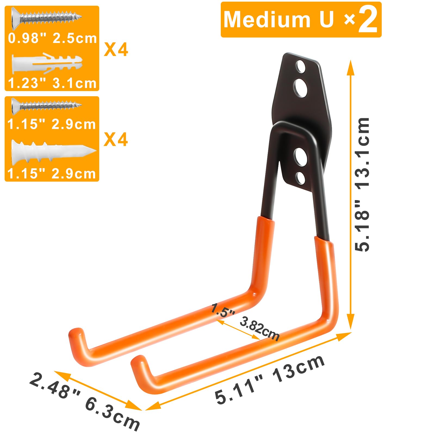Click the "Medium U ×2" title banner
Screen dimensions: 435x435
click(301, 20)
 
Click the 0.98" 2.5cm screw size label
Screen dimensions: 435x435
click(52, 38)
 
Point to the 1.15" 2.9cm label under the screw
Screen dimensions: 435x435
click(52, 124)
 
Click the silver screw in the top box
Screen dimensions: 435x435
click(46, 18)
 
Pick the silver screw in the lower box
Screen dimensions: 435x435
click(46, 105)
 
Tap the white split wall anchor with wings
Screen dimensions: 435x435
click(46, 63)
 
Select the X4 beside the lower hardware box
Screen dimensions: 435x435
click(116, 139)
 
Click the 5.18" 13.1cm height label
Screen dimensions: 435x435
click(363, 185)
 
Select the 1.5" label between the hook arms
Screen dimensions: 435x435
click(223, 310)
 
